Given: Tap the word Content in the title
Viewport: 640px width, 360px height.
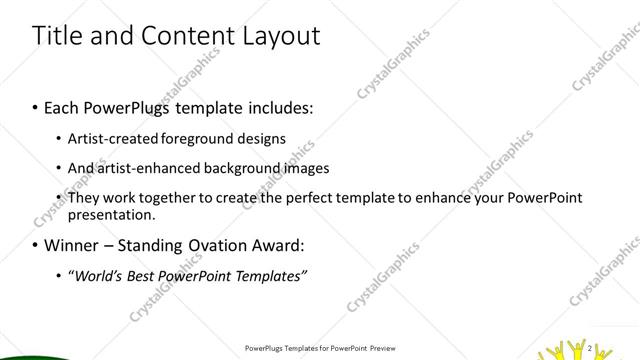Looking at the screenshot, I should click(175, 36).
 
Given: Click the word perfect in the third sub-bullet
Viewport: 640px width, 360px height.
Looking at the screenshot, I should click(299, 198).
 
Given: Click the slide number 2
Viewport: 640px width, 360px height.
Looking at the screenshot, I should click(590, 347).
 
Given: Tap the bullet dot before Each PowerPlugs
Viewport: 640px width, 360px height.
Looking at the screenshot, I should click(35, 106).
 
